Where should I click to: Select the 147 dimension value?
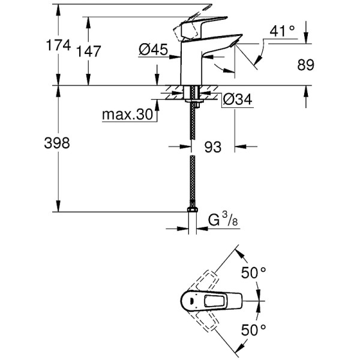click(88, 52)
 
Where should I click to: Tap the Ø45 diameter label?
click(152, 52)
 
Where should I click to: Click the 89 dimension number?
click(305, 65)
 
